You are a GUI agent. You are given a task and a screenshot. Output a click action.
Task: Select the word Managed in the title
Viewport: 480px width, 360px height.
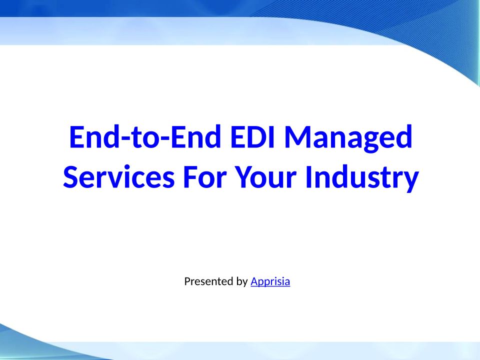coord(348,138)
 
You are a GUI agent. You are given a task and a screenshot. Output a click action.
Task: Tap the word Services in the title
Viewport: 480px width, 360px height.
coord(119,176)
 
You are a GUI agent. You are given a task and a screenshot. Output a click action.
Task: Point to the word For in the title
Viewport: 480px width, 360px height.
coord(205,177)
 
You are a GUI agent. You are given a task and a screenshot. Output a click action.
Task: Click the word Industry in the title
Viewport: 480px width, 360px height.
coord(362,178)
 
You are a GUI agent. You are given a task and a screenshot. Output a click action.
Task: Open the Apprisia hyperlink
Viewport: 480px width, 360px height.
coord(270,281)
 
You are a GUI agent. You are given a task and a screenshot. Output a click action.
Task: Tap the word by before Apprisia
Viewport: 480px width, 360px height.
coord(242,281)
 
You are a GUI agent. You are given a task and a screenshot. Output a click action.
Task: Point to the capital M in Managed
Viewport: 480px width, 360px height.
coord(298,137)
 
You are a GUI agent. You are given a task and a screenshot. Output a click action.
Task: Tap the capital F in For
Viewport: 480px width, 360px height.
coord(190,177)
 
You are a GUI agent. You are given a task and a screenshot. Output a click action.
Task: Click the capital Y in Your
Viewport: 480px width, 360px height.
coord(245,177)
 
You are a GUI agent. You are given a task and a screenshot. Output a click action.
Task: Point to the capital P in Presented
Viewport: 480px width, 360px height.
coord(187,281)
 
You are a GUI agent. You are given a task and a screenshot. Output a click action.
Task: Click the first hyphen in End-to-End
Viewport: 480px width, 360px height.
coord(124,140)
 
